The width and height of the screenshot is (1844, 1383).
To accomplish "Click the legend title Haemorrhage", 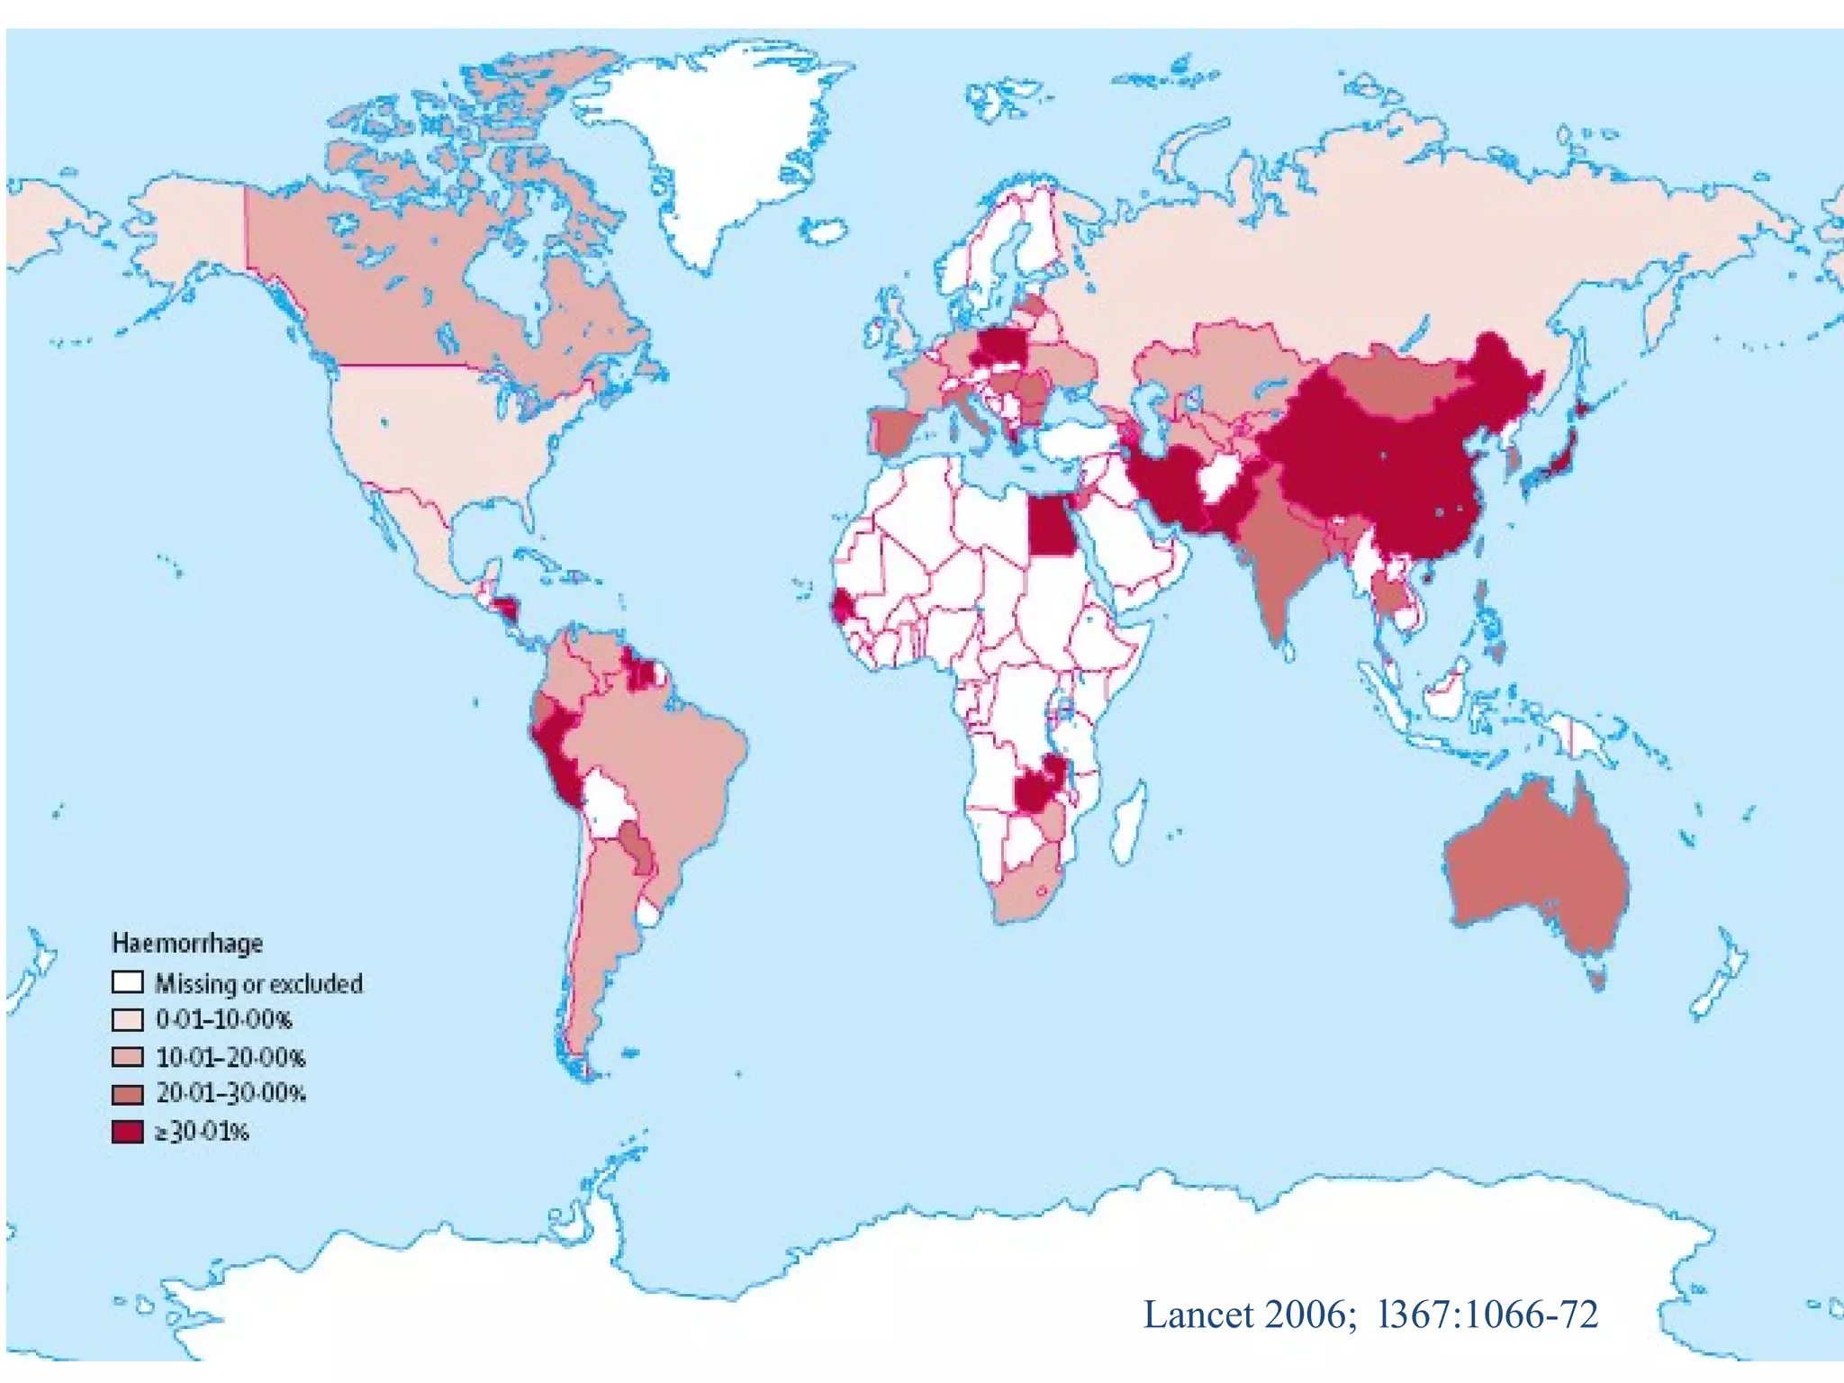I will click(187, 943).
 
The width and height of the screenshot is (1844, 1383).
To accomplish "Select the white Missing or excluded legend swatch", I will click(127, 981).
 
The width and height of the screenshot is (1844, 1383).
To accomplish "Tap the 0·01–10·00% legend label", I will click(223, 1019).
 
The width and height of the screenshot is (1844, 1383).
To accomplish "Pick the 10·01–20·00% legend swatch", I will click(127, 1056).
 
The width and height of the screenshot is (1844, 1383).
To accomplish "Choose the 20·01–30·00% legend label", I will click(230, 1093).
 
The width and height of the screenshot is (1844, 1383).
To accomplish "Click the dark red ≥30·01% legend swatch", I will click(127, 1131).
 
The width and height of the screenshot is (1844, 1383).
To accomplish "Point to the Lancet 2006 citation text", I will click(1369, 1315).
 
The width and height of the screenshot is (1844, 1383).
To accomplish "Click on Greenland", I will click(711, 144).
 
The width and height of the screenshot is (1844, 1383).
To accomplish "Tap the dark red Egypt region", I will click(1051, 527).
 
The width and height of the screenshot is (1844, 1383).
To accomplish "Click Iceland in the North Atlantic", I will click(824, 230).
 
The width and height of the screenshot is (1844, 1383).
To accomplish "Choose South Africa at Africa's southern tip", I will click(1026, 891).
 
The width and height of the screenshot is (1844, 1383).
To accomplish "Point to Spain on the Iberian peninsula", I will click(896, 430).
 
